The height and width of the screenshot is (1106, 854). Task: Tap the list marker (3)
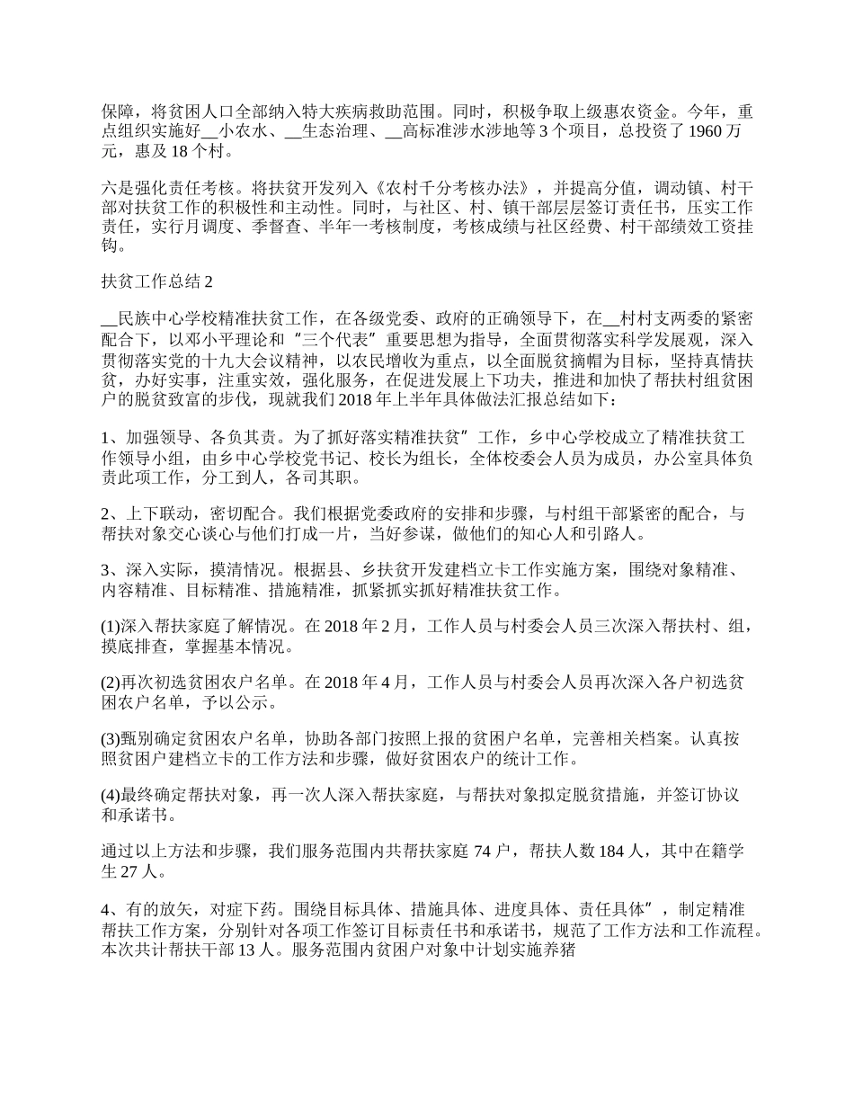coord(110,740)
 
